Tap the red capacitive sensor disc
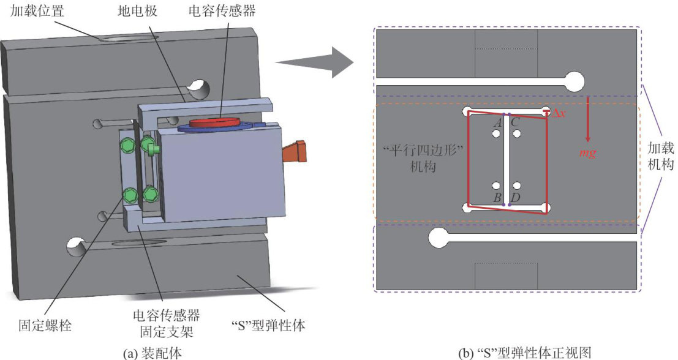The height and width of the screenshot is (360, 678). tap(216, 122)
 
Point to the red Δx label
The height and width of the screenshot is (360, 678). tap(558, 114)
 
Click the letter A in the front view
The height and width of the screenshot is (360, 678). tap(498, 122)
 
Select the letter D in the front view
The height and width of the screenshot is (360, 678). tap(516, 197)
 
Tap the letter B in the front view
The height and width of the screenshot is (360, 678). tap(498, 197)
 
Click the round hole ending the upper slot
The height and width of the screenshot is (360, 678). tap(574, 81)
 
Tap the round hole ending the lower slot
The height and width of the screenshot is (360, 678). tap(439, 238)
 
